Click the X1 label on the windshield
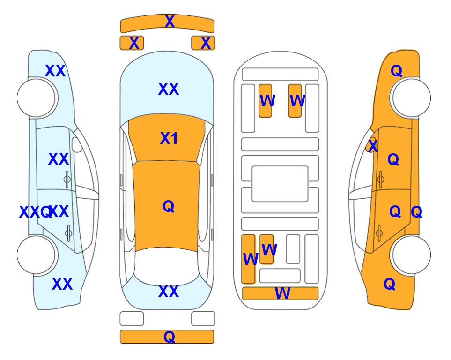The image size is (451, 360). pyautogui.click(x=169, y=138)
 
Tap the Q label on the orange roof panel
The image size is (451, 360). pyautogui.click(x=169, y=206)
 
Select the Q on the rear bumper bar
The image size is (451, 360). pyautogui.click(x=170, y=337)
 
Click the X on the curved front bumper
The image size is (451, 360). pyautogui.click(x=170, y=22)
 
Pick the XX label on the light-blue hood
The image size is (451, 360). pyautogui.click(x=169, y=89)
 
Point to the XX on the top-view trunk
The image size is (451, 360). pyautogui.click(x=169, y=292)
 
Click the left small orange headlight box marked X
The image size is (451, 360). pyautogui.click(x=132, y=43)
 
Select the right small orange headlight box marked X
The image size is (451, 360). pyautogui.click(x=203, y=43)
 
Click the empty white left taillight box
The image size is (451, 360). pyautogui.click(x=132, y=319)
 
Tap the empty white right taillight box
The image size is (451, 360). pyautogui.click(x=203, y=319)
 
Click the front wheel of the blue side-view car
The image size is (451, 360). pyautogui.click(x=36, y=98)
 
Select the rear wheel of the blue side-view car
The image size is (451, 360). pyautogui.click(x=36, y=255)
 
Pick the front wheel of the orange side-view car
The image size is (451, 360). pyautogui.click(x=411, y=98)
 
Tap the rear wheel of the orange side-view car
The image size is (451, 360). pyautogui.click(x=411, y=255)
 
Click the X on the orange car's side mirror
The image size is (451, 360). pyautogui.click(x=373, y=145)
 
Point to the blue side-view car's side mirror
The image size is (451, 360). pyautogui.click(x=77, y=144)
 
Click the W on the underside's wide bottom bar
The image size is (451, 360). pyautogui.click(x=282, y=293)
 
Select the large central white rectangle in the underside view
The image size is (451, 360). pyautogui.click(x=280, y=184)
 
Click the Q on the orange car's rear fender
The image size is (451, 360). pyautogui.click(x=390, y=284)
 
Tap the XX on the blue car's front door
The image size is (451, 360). pyautogui.click(x=59, y=159)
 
